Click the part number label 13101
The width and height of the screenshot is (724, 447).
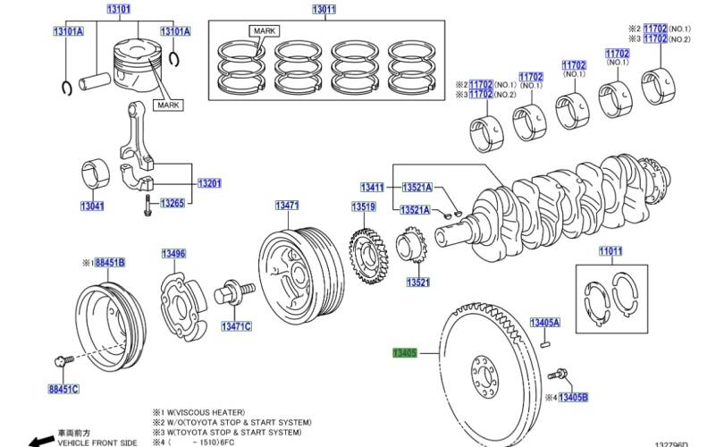pos(118,10)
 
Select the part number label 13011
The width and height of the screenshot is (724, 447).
pos(324,10)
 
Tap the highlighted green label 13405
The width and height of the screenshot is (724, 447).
pos(405,354)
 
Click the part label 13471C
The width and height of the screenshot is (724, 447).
pos(236,325)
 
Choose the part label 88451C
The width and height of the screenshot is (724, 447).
pos(63,389)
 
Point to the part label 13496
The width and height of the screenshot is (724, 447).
pos(173,255)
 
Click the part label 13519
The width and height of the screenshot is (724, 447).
pos(363,207)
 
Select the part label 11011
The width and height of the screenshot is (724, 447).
pos(610,252)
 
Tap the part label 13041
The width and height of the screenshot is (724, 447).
pos(92,207)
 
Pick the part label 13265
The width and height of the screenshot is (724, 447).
pos(173,203)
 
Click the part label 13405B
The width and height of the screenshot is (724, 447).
pos(573,396)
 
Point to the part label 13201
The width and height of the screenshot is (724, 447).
pos(209,183)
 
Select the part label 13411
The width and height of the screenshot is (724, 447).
pos(372,188)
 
